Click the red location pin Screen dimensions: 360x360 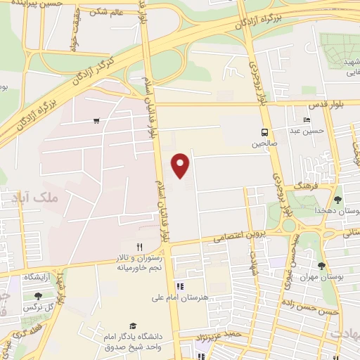coord(181,165)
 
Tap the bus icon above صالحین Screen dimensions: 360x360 coord(264,131)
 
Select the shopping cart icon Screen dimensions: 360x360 coord(96,121)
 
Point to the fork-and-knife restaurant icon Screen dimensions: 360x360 coord(139,246)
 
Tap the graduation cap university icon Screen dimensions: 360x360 coord(133,326)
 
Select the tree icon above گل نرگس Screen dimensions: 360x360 coord(38,296)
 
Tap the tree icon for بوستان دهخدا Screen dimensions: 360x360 coord(337,200)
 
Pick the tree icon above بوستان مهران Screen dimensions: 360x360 coord(321,266)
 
